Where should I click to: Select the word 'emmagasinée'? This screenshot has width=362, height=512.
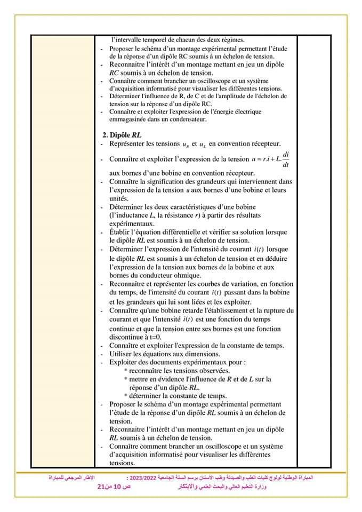pyautogui.click(x=132, y=119)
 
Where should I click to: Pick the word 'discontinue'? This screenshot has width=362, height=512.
pyautogui.click(x=128, y=337)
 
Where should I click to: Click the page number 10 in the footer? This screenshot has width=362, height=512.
pyautogui.click(x=117, y=488)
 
